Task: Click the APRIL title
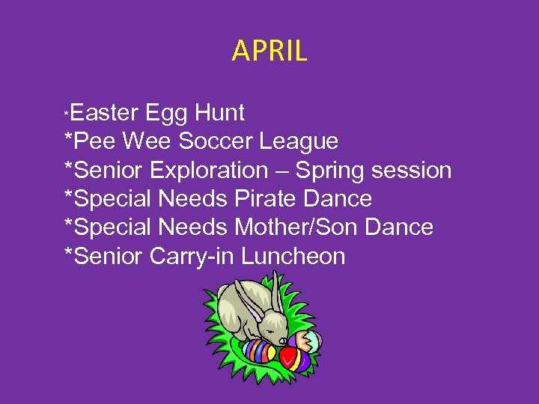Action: [269, 51]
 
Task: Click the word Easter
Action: [106, 113]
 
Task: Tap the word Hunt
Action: [219, 113]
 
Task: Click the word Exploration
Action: [208, 171]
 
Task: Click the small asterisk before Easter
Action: [67, 112]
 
